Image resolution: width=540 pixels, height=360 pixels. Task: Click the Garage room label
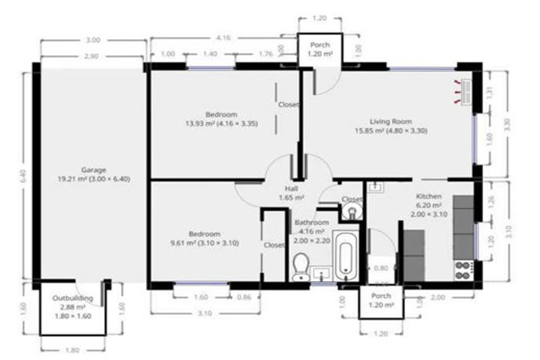(94, 170)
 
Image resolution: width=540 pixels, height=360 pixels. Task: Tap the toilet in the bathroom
(300, 265)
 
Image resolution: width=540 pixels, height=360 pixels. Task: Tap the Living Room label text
(391, 121)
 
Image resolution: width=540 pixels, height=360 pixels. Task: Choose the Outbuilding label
(72, 298)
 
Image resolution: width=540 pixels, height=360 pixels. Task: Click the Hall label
(292, 189)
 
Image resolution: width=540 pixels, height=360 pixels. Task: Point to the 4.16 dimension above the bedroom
(224, 37)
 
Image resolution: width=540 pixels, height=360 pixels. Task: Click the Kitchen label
(427, 196)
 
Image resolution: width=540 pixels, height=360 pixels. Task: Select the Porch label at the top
(320, 45)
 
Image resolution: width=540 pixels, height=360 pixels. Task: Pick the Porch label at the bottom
(381, 296)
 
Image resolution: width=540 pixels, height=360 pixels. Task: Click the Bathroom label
(309, 222)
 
